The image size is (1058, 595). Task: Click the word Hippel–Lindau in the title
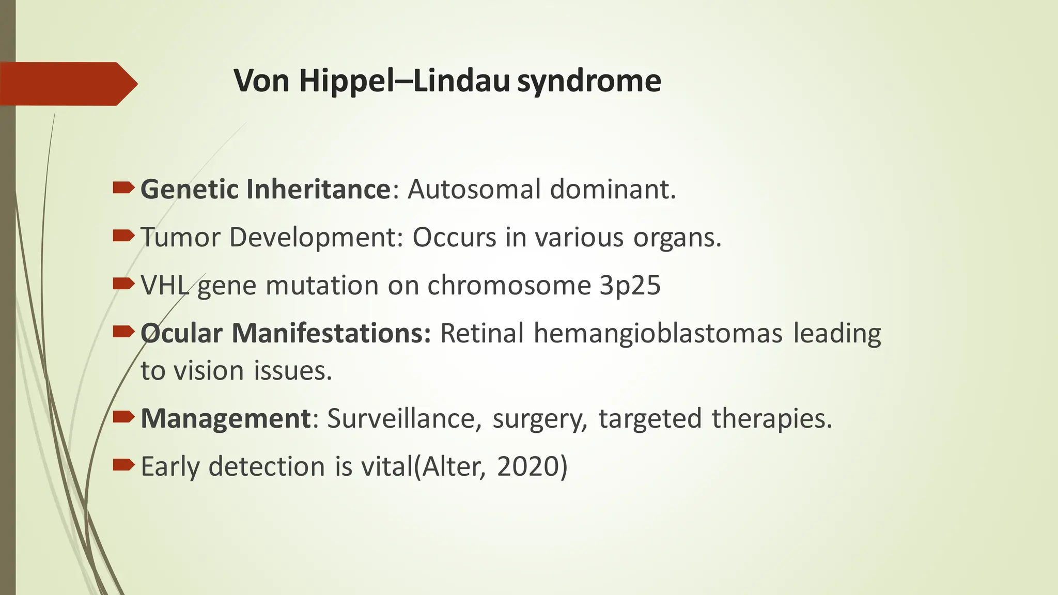click(404, 81)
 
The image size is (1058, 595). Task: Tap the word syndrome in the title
click(589, 81)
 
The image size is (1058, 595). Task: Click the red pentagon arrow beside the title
click(67, 84)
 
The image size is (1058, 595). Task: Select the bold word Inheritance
click(318, 189)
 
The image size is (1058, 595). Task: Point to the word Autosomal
click(474, 189)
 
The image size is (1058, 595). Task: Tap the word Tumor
click(180, 237)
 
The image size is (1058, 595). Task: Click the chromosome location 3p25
click(630, 286)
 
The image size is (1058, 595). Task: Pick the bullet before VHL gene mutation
click(123, 284)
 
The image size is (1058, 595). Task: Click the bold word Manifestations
click(331, 333)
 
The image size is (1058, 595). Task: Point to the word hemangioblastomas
click(658, 333)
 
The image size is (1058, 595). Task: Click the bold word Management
click(225, 418)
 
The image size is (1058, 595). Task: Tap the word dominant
click(612, 189)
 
